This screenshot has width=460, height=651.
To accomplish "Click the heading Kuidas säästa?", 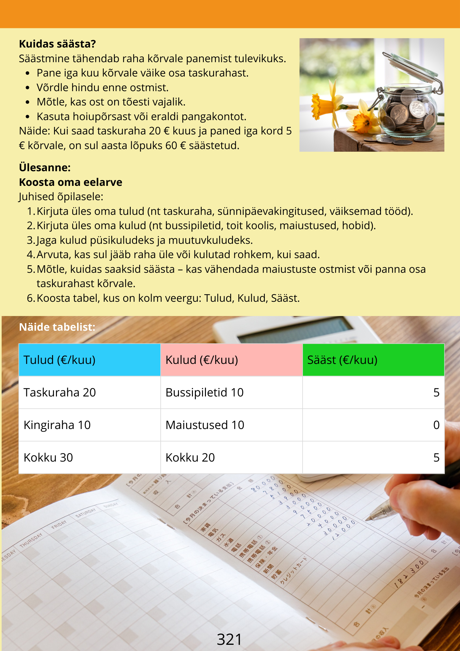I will tap(57, 44).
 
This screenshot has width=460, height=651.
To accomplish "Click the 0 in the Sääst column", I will tap(436, 425).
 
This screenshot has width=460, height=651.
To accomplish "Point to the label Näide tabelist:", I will tap(57, 327).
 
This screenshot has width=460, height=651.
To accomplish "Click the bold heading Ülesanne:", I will tap(45, 168).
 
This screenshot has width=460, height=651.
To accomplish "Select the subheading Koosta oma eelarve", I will tap(71, 182).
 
